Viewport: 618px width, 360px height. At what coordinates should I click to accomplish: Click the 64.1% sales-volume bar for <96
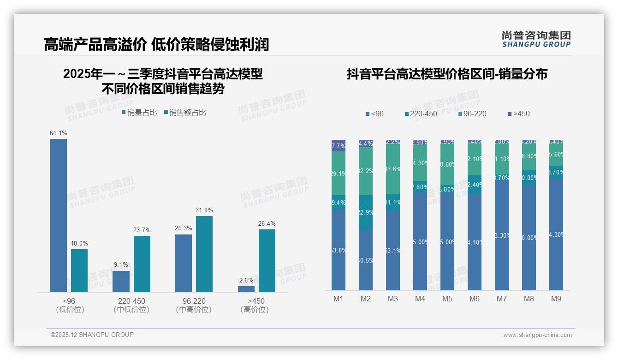click(x=59, y=215)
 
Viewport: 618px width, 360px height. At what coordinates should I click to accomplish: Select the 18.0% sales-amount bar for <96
click(x=79, y=270)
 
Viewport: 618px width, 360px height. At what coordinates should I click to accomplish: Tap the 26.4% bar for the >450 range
click(x=267, y=260)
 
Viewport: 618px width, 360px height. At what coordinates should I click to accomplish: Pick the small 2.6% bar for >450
click(x=246, y=289)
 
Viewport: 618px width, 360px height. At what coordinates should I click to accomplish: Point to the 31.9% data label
click(x=204, y=210)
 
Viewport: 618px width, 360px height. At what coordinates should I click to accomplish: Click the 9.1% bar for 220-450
click(x=121, y=281)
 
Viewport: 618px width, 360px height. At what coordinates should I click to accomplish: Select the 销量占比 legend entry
click(x=139, y=112)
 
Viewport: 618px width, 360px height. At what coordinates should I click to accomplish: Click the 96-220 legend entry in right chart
click(x=472, y=114)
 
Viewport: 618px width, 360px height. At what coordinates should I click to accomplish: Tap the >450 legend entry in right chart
click(x=518, y=114)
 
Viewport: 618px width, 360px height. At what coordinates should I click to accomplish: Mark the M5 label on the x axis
click(x=447, y=299)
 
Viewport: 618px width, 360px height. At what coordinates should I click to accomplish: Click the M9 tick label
click(x=556, y=299)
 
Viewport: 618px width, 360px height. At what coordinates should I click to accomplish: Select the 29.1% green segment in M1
click(x=339, y=174)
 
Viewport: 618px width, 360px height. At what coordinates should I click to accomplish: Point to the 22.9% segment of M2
click(x=366, y=212)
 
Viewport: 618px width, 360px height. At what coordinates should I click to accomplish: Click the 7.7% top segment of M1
click(x=339, y=145)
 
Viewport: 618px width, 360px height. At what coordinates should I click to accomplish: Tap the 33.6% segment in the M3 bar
click(x=393, y=169)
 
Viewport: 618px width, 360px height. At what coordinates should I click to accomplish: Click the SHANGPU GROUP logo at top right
click(x=536, y=39)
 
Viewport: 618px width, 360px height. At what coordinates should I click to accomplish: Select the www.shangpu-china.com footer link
click(x=537, y=335)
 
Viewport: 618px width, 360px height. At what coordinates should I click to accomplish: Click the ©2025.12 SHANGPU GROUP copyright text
click(x=92, y=335)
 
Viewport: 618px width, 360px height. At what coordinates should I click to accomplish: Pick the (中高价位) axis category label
click(x=194, y=310)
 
